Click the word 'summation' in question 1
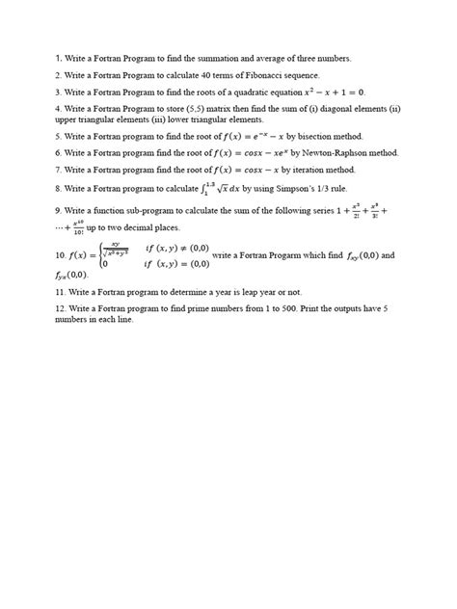click(x=220, y=58)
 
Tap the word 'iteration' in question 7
click(x=299, y=170)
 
